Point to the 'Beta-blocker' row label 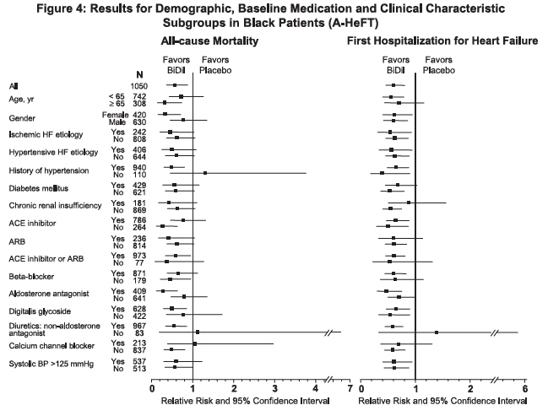(x=32, y=277)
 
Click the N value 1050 (x=139, y=86)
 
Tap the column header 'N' (x=139, y=75)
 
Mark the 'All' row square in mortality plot (x=175, y=85)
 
